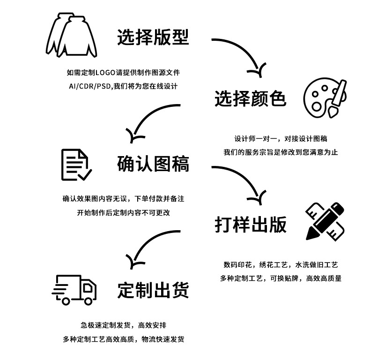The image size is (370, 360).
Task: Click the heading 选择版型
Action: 153,37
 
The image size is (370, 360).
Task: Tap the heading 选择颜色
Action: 250,99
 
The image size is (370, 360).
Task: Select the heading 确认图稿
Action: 153,164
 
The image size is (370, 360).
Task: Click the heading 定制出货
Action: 153,290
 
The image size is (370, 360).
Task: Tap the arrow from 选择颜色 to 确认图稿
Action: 150,120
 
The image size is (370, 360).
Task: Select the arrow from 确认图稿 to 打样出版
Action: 241,180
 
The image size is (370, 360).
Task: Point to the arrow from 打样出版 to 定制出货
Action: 150,244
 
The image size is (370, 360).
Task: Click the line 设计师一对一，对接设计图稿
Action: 281,139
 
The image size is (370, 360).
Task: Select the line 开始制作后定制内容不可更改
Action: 123,212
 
